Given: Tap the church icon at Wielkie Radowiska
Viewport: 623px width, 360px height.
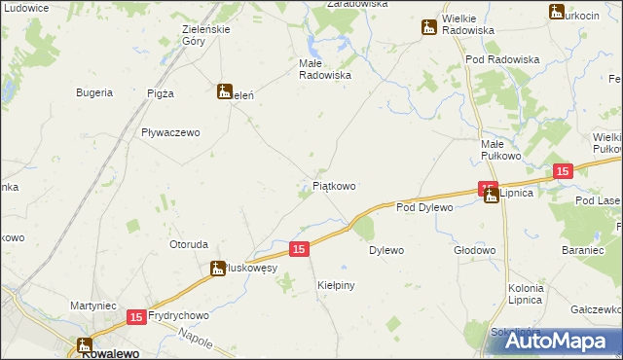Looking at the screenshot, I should click(428, 28).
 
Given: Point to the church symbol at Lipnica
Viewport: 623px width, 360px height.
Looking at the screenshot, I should click(492, 195).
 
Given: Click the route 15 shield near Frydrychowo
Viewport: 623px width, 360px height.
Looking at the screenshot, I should click(135, 317).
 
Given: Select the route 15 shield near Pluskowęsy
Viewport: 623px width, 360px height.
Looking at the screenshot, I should click(299, 250).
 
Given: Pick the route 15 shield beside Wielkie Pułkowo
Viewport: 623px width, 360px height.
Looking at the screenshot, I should click(563, 171).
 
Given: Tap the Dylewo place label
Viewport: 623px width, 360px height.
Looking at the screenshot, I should click(386, 250).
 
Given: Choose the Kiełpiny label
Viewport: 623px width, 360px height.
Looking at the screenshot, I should click(336, 285).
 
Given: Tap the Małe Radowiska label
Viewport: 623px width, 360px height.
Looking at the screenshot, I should click(323, 68).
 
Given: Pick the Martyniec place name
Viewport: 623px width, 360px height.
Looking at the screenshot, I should click(93, 306).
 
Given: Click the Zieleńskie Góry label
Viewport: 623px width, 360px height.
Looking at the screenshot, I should click(206, 35).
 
